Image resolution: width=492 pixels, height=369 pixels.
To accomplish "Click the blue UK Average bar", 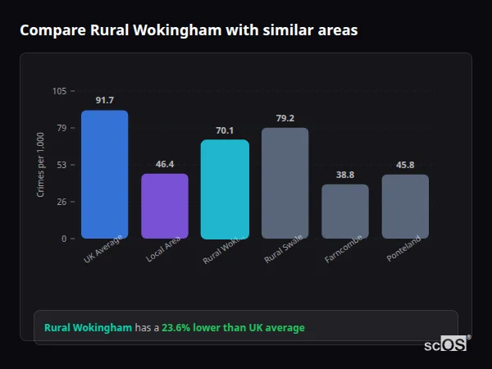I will (104, 175).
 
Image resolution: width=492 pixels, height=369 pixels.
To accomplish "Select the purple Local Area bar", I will (165, 206).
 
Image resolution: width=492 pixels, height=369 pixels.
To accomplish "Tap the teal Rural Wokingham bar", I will (225, 189).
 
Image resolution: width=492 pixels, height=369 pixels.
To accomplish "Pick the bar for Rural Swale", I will (285, 183).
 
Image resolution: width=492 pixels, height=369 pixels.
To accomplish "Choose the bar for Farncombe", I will (345, 212).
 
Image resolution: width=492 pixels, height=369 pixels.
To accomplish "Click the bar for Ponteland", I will (405, 207).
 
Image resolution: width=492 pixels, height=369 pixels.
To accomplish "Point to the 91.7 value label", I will (104, 100).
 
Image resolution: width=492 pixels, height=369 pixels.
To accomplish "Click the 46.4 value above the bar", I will (165, 164).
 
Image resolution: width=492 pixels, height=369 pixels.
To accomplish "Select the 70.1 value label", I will (225, 130).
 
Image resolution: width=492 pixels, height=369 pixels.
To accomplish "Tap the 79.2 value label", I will (285, 118).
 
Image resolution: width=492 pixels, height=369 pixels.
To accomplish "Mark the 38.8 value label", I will (345, 175).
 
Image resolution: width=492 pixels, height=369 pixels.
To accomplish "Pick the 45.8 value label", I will (405, 165).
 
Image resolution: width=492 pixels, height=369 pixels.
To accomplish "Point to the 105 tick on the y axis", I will (59, 91).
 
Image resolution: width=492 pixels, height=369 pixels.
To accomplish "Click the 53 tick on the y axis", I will (61, 165).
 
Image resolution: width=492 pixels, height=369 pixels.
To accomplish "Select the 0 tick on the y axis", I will (64, 239).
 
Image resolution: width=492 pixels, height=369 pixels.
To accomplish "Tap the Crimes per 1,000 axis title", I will (41, 165).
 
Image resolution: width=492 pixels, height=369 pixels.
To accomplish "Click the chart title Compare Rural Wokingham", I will (189, 30).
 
